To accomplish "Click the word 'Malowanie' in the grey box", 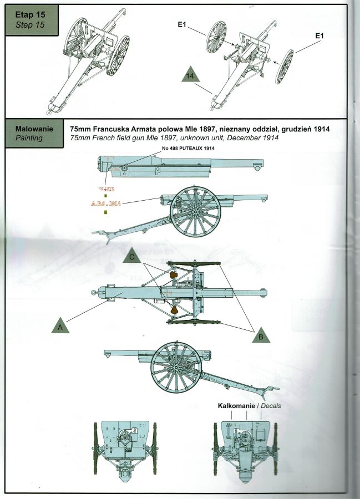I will [34, 129].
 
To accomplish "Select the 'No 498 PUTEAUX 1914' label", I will [187, 149].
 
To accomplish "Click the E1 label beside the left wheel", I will [186, 26].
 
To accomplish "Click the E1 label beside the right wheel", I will [318, 35].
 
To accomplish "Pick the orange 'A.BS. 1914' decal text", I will [105, 203].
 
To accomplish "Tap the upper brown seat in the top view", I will [173, 275].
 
